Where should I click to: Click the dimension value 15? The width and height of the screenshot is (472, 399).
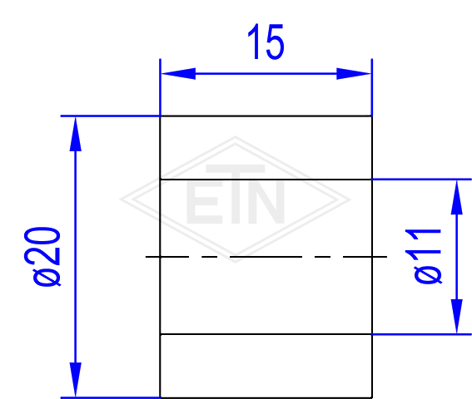266,42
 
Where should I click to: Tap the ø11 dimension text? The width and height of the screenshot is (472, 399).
427,256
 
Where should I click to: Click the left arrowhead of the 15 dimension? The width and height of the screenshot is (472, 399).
178,74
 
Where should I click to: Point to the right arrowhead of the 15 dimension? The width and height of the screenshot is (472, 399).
354,74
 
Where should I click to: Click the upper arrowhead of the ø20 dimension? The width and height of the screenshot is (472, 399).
75,134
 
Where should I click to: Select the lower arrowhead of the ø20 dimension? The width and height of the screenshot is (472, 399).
75,379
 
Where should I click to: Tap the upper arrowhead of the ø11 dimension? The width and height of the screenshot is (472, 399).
457,197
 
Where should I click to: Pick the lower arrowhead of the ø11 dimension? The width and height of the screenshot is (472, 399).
457,316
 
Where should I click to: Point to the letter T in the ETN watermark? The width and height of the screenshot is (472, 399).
236,195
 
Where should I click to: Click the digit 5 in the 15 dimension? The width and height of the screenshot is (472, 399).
275,42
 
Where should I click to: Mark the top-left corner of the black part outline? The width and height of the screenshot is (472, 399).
160,116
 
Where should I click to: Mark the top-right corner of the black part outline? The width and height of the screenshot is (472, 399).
372,116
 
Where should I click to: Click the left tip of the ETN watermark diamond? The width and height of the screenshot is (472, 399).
120,199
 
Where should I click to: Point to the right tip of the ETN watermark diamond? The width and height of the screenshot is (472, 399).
351,199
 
